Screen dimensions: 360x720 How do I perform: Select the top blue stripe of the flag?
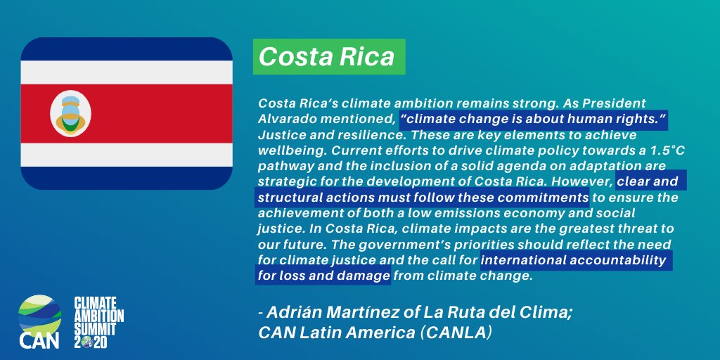click(127, 49)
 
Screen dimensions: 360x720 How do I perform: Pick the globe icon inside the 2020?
click(91, 342)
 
